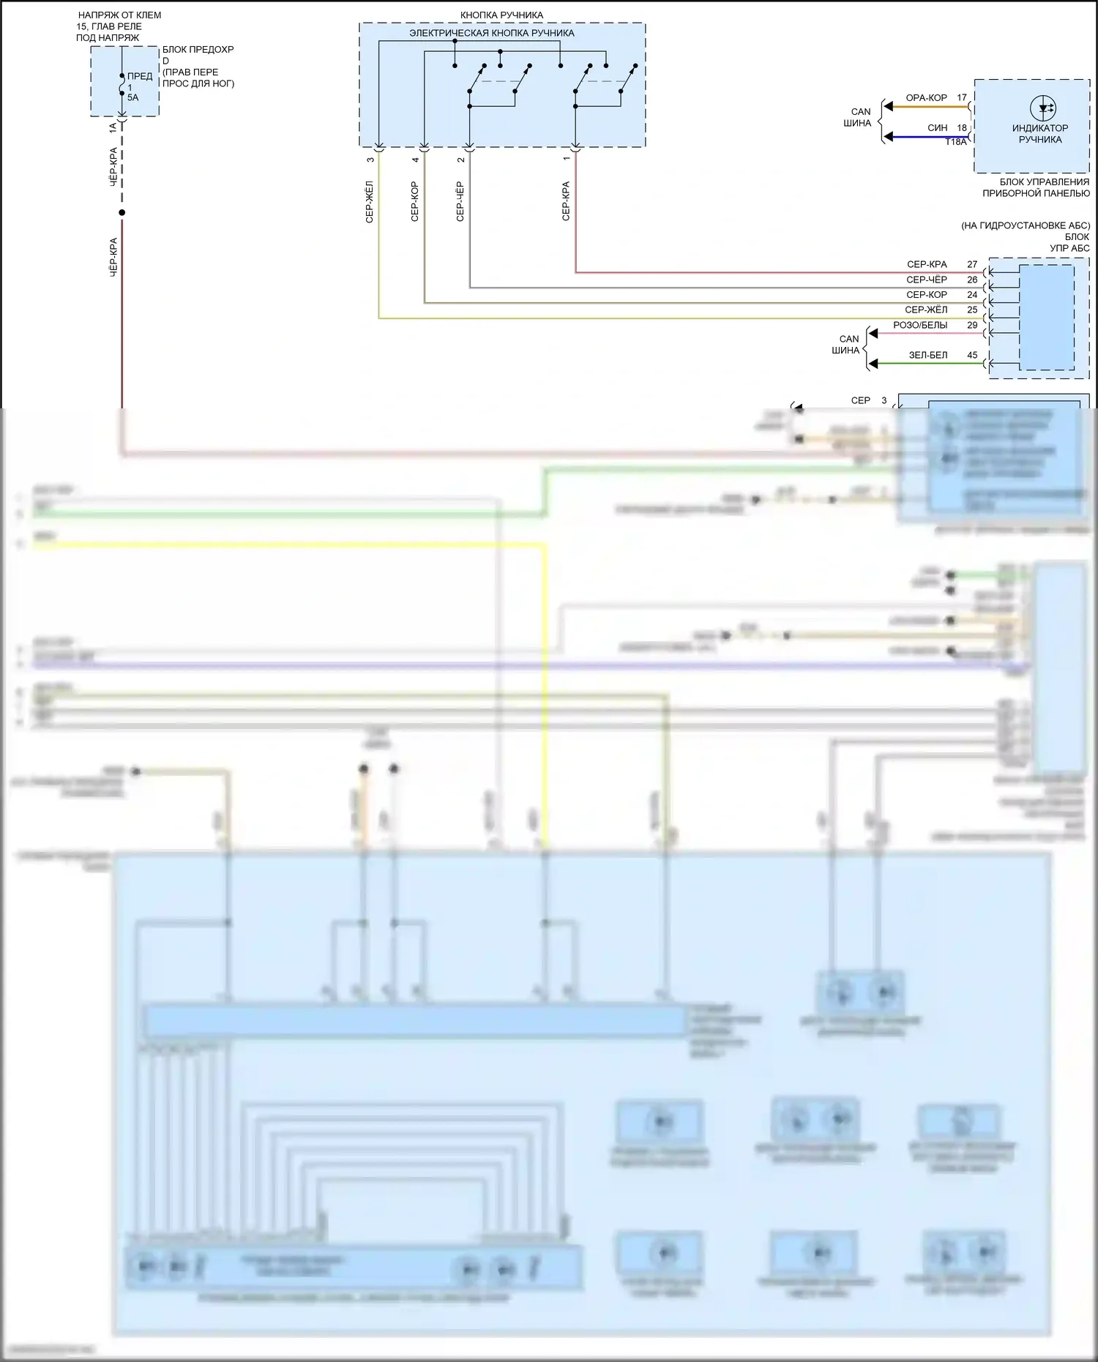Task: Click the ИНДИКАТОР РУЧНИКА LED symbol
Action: pos(1042,108)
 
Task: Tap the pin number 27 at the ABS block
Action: pos(972,264)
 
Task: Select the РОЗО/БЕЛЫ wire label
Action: pos(920,325)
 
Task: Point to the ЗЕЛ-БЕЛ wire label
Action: pos(928,355)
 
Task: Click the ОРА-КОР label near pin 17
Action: pos(926,97)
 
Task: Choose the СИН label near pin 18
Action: pos(937,127)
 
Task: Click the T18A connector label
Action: pos(955,142)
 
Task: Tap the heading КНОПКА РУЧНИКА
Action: pos(501,15)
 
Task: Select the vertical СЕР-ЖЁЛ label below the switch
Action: pos(370,201)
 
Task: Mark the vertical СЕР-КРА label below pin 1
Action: pos(566,201)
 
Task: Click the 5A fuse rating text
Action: pos(132,97)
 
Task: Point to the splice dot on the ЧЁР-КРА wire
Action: pos(122,213)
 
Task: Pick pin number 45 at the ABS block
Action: pos(972,355)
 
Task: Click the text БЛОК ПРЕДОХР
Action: pos(198,50)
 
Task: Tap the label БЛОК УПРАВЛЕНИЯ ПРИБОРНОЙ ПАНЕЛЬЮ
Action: pos(1036,187)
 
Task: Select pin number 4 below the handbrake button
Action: pos(415,160)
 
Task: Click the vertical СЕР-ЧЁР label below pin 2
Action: pos(460,201)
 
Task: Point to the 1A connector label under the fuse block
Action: pos(113,127)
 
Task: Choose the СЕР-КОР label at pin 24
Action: pos(926,295)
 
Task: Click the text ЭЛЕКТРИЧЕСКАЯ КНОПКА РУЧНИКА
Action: pos(491,33)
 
